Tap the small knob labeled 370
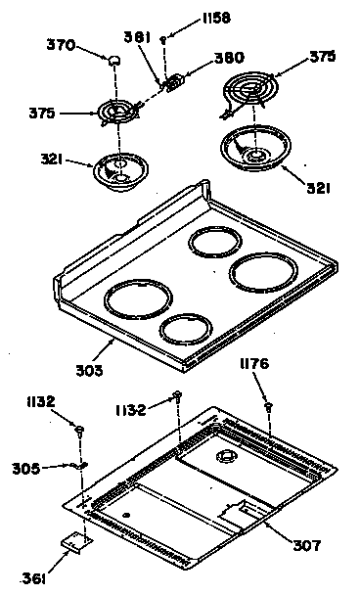pyautogui.click(x=114, y=62)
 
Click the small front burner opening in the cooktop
pyautogui.click(x=187, y=330)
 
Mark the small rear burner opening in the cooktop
pyautogui.click(x=213, y=242)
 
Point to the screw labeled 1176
pyautogui.click(x=266, y=404)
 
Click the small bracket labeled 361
pyautogui.click(x=73, y=539)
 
